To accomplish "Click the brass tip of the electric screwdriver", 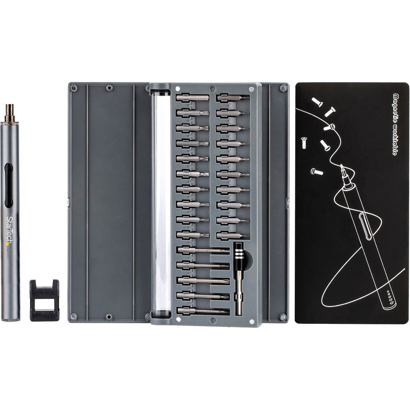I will tap(9, 113).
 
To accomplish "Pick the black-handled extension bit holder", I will tap(238, 278).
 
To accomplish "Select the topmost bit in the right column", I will tap(233, 97).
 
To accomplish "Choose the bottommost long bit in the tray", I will tap(203, 311).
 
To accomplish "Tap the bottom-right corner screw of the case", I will tap(283, 317).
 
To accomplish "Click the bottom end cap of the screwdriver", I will tap(10, 318).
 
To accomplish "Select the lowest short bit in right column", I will tap(233, 235).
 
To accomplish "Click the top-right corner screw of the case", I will tap(283, 88).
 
